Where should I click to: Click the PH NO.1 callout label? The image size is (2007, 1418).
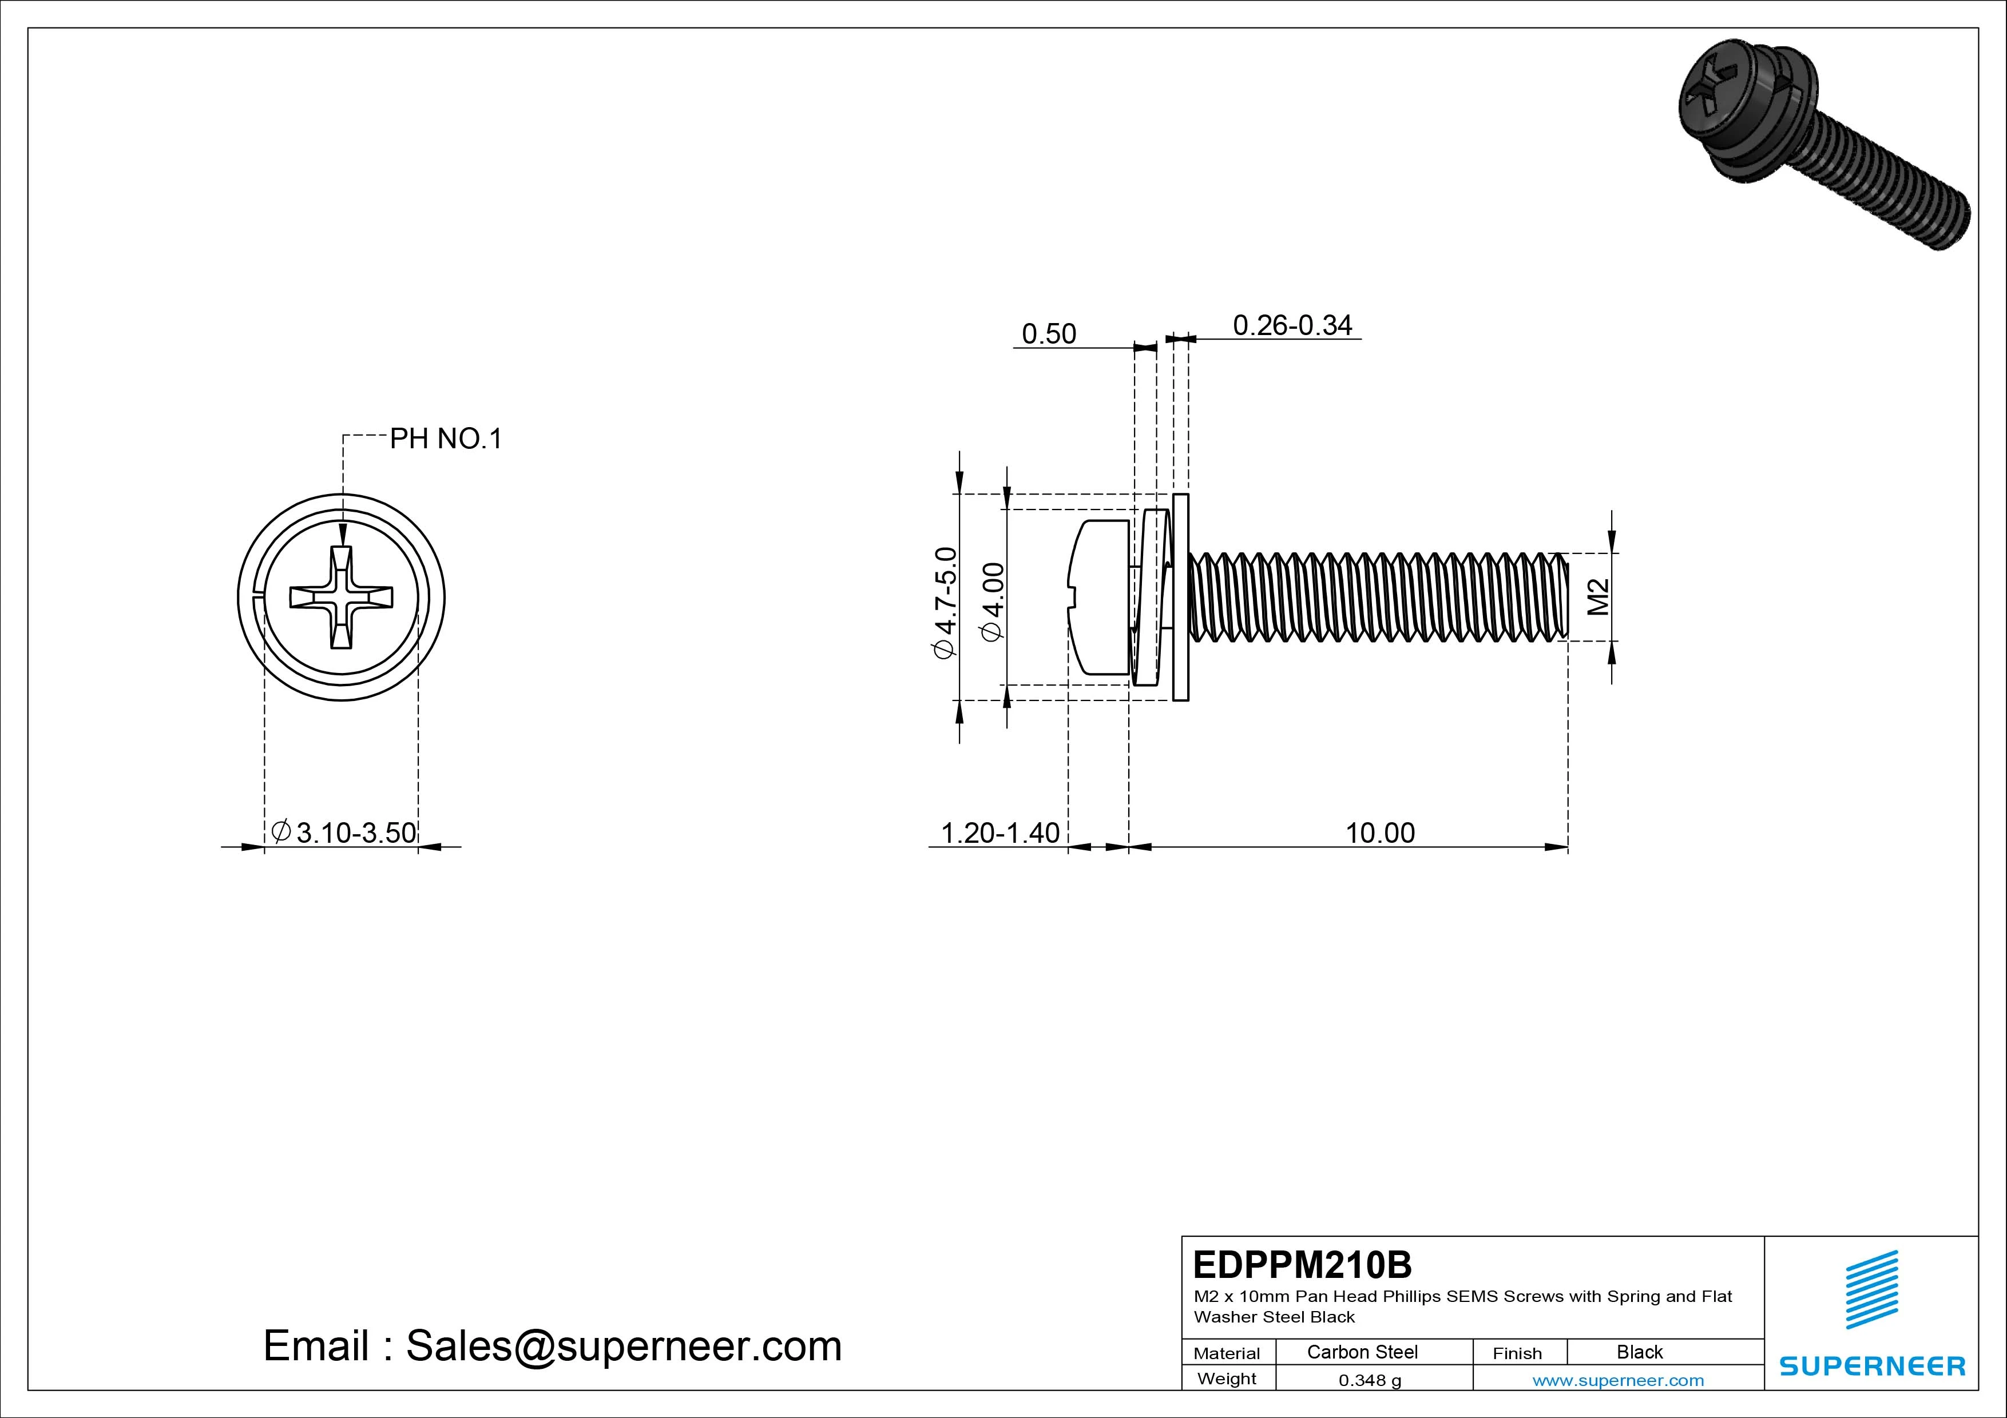coord(446,439)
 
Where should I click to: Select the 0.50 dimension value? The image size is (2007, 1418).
coord(1048,334)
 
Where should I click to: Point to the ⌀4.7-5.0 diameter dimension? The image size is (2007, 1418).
coord(946,603)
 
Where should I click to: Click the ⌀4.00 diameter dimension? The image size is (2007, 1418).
coord(994,603)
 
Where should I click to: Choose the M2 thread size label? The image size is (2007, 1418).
coord(1598,598)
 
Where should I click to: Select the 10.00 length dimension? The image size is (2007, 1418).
coord(1379,833)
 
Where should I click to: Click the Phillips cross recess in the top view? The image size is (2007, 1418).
coord(341,598)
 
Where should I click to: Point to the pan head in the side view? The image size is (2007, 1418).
coord(1100,598)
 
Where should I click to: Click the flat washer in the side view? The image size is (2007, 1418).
coord(1180,598)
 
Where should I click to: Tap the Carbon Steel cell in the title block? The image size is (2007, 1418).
coord(1362,1352)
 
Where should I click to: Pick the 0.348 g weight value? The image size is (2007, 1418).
coord(1370,1380)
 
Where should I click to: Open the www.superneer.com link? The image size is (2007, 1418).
coord(1618,1380)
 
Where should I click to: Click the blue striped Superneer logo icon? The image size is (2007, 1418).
coord(1871,1289)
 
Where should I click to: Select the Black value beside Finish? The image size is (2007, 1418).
coord(1639,1352)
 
